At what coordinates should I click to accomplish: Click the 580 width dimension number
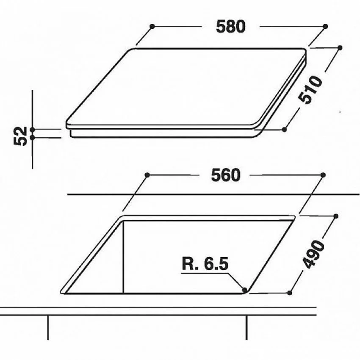click(230, 26)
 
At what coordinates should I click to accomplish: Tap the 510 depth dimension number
click(310, 90)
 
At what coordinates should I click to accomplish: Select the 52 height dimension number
click(20, 136)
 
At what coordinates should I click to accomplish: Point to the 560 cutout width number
click(225, 175)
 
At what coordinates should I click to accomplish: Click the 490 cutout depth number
click(313, 254)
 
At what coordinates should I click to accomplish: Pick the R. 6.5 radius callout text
click(205, 264)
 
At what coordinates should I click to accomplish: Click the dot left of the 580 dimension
click(152, 26)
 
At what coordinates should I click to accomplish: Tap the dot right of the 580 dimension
click(325, 26)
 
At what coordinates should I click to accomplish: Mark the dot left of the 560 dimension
click(147, 175)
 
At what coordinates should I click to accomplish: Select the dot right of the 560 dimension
click(323, 175)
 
